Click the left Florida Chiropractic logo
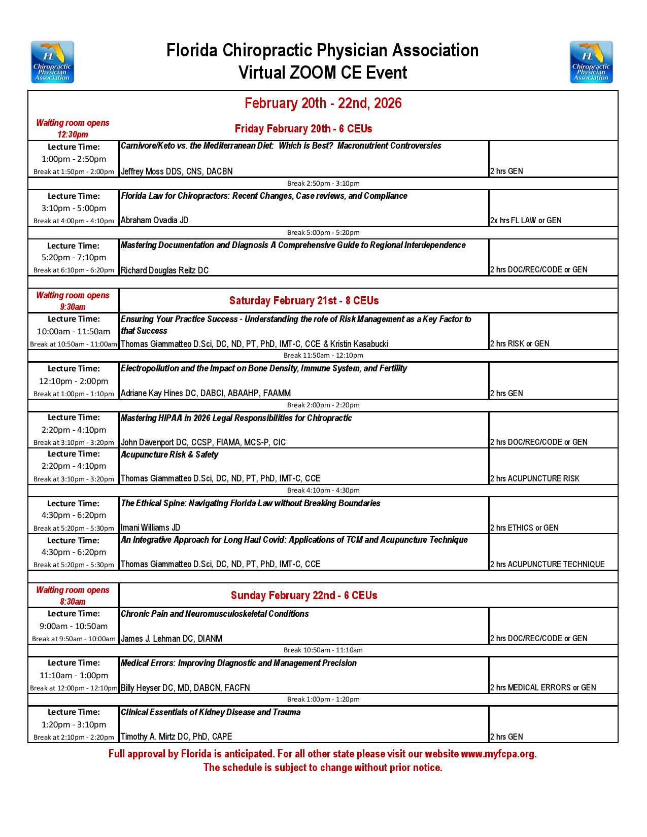pyautogui.click(x=52, y=62)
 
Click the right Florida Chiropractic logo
pyautogui.click(x=591, y=62)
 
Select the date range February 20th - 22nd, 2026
pyautogui.click(x=323, y=103)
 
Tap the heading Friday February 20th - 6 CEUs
pyautogui.click(x=303, y=129)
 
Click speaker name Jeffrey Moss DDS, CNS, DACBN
pyautogui.click(x=177, y=171)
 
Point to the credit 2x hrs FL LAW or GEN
pyautogui.click(x=526, y=221)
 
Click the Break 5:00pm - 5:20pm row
pyautogui.click(x=323, y=233)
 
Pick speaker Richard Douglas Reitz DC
pyautogui.click(x=164, y=270)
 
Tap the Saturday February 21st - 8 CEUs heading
pyautogui.click(x=304, y=301)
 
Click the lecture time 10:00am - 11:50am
pyautogui.click(x=74, y=332)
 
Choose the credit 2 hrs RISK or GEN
pyautogui.click(x=520, y=344)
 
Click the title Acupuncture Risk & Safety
pyautogui.click(x=169, y=455)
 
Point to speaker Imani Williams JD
pyautogui.click(x=150, y=528)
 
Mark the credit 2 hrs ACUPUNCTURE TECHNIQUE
pyautogui.click(x=548, y=565)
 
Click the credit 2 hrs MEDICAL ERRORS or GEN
pyautogui.click(x=543, y=688)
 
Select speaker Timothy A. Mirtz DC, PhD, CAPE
pyautogui.click(x=176, y=737)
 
